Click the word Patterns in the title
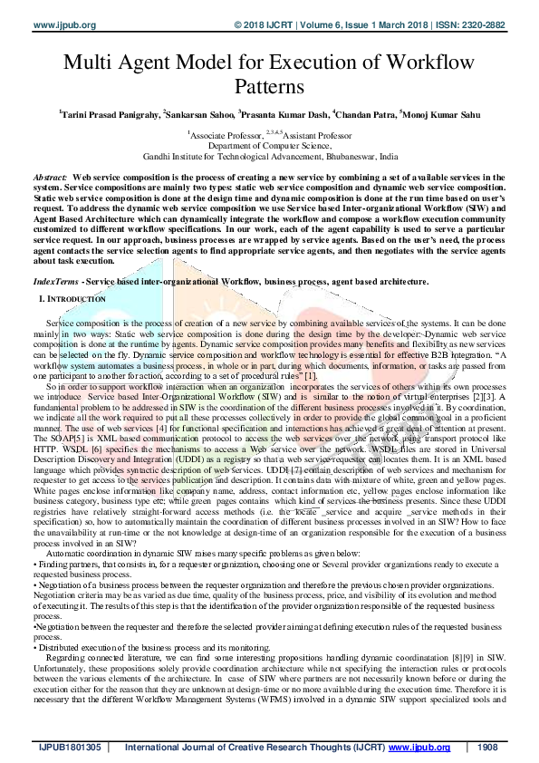(270, 88)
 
